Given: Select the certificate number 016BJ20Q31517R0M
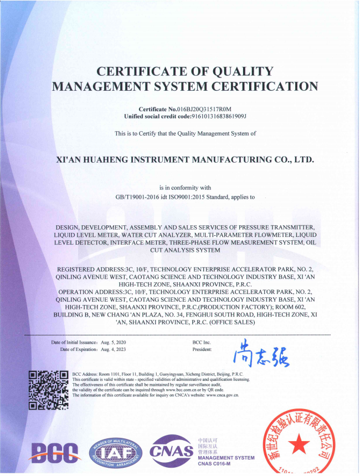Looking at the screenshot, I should (x=204, y=109).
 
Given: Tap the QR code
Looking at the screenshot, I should (x=48, y=391).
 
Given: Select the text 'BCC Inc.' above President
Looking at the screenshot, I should (x=202, y=343).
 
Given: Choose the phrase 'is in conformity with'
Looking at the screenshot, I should (x=185, y=188).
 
